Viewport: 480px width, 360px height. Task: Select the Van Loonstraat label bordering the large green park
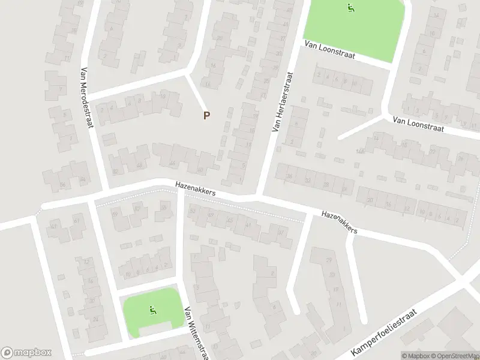330,50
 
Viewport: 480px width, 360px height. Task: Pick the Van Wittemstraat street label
197,333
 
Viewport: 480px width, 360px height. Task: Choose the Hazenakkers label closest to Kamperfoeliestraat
339,221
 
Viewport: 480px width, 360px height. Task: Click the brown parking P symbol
206,116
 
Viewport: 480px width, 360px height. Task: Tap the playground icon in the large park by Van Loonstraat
350,8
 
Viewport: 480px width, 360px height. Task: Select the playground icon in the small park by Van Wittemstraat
152,310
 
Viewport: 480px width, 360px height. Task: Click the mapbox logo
26,353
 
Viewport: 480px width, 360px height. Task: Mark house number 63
53,226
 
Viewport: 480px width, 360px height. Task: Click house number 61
76,221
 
